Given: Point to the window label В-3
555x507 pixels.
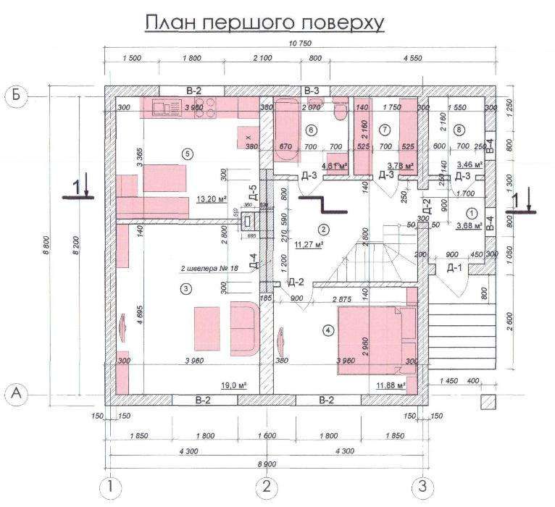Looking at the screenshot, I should click(x=312, y=90).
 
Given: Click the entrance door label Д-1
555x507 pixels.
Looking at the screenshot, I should click(x=454, y=269).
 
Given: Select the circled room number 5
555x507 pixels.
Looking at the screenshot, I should click(x=188, y=154).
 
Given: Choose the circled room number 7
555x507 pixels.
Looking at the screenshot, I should click(x=385, y=130).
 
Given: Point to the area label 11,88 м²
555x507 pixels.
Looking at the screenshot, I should click(x=391, y=385).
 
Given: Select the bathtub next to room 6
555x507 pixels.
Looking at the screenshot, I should click(x=285, y=130).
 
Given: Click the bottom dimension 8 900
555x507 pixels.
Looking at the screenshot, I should click(x=266, y=464).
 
